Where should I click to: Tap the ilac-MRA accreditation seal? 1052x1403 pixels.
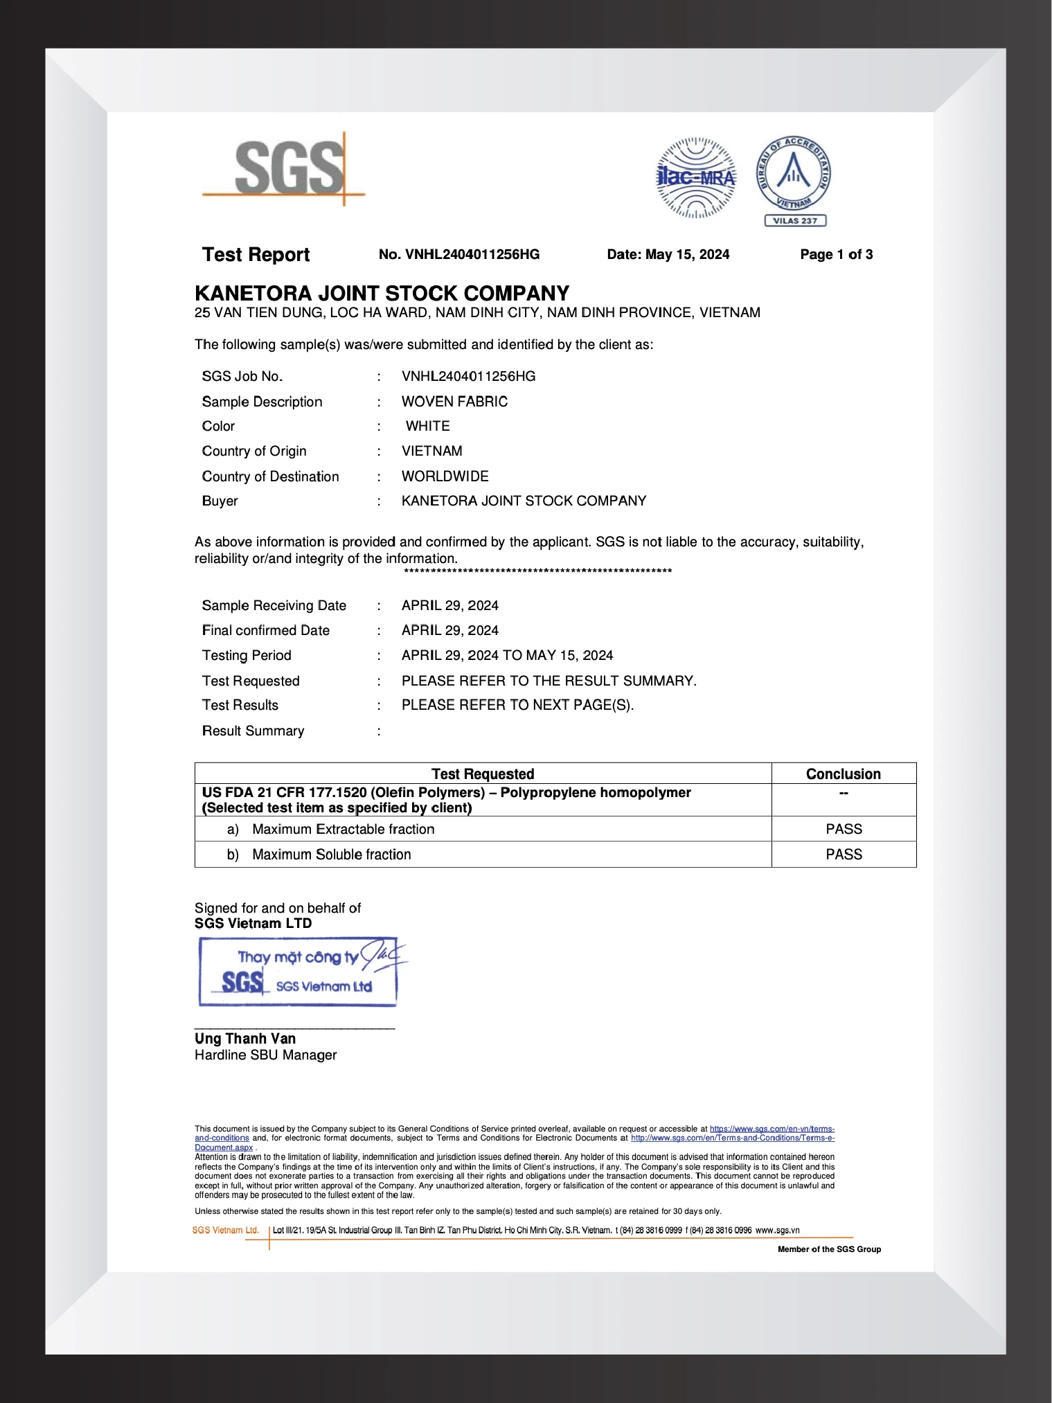point(695,177)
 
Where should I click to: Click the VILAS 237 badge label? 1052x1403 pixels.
point(795,221)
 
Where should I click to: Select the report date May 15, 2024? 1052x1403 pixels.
point(668,255)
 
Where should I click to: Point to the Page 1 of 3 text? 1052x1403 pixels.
point(836,255)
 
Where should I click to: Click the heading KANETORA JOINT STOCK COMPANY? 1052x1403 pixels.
point(382,294)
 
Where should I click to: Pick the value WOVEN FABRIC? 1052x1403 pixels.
point(454,402)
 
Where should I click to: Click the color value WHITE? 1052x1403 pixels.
point(427,426)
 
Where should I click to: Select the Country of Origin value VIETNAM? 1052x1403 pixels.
point(431,451)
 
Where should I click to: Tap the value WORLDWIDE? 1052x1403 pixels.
point(445,476)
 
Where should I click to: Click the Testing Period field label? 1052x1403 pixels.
point(247,655)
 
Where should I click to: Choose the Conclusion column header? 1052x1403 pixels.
point(843,774)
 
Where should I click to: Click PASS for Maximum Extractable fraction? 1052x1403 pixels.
point(844,829)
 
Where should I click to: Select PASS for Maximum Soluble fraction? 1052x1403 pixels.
point(844,855)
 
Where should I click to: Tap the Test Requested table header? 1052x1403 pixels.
point(483,774)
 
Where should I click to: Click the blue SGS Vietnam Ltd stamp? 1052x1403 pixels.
point(298,972)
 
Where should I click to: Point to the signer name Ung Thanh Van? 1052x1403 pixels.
point(245,1039)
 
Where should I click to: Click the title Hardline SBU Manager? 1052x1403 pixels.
point(265,1055)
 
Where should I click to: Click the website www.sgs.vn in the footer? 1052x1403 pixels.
point(777,1230)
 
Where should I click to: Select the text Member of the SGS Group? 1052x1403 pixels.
point(829,1249)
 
